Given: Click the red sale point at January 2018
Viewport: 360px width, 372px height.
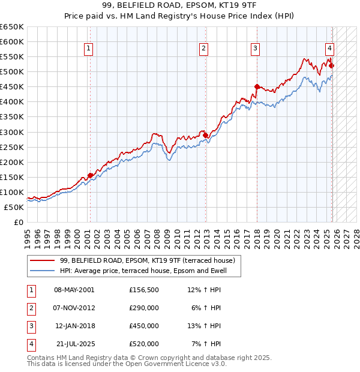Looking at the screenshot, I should coord(257,86).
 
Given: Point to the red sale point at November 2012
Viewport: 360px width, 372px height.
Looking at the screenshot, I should coord(206,135).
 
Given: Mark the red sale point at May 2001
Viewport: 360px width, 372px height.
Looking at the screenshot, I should coord(91,175).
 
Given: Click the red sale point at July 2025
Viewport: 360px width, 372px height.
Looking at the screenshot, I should coord(332,65).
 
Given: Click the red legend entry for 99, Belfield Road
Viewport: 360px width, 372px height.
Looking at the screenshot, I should coord(150,260).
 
